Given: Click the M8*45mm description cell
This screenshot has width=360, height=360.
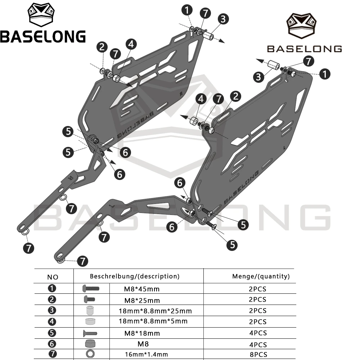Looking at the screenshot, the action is (141, 289).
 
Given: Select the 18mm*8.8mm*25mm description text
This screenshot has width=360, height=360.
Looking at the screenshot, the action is (155, 311).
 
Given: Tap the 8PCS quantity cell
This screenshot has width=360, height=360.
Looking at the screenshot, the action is (258, 355).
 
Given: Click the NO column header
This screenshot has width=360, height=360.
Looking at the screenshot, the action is (53, 277).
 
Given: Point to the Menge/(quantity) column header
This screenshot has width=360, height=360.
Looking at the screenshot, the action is (261, 276).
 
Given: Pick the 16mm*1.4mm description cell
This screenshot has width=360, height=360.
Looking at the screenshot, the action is (147, 355).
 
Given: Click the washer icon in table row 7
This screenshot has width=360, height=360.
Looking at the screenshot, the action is (90, 354).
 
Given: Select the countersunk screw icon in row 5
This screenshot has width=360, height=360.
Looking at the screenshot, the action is (90, 333).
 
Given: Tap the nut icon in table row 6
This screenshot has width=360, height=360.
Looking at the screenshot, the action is (90, 343).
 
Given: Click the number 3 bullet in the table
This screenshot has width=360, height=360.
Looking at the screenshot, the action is (52, 310).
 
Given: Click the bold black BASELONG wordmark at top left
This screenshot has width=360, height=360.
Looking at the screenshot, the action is (43, 36).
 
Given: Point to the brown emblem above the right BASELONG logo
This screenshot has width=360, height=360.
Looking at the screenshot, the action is (301, 26).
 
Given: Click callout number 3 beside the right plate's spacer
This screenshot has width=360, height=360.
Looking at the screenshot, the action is (259, 77).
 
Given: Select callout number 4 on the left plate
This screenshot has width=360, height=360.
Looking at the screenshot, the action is (131, 44).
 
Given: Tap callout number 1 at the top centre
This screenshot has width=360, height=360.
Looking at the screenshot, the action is (187, 10).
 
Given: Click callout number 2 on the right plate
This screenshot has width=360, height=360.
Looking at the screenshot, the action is (235, 96).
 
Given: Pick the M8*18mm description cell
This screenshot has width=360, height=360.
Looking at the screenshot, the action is (142, 333).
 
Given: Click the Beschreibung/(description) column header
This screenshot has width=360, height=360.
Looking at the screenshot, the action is (135, 276).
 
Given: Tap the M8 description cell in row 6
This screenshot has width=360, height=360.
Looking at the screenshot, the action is (143, 344).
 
